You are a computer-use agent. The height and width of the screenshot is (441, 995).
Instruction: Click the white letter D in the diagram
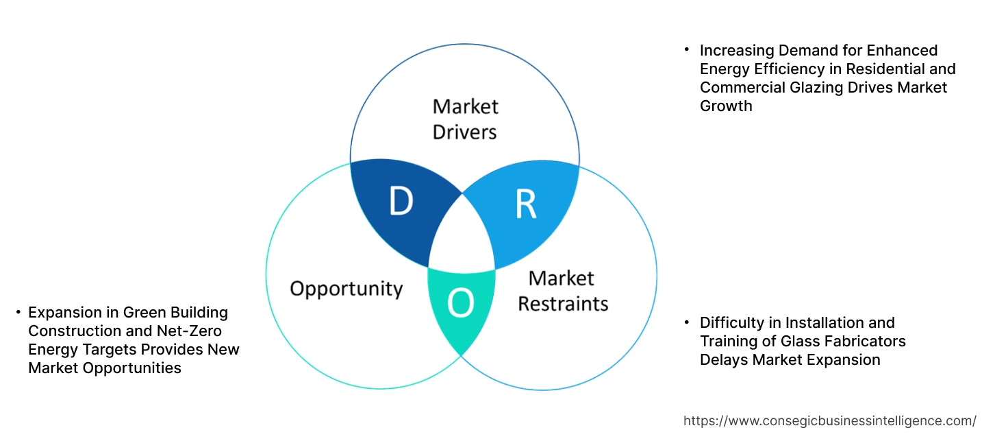pos(401,202)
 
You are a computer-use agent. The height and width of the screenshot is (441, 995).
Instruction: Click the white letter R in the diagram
pos(525,205)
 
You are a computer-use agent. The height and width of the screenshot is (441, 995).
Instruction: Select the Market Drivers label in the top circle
pos(465,119)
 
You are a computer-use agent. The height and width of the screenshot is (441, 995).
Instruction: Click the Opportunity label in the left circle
pos(346,288)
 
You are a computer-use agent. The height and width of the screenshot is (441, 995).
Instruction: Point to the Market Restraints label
pos(562,291)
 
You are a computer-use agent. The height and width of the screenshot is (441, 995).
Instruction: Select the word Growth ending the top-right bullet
pos(726,106)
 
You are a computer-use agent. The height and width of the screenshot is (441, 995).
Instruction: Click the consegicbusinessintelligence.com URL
pos(830,420)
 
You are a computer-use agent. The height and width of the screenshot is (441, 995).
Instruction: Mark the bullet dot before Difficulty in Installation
pos(686,321)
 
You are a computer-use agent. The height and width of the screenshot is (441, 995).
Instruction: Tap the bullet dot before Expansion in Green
pos(18,311)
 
